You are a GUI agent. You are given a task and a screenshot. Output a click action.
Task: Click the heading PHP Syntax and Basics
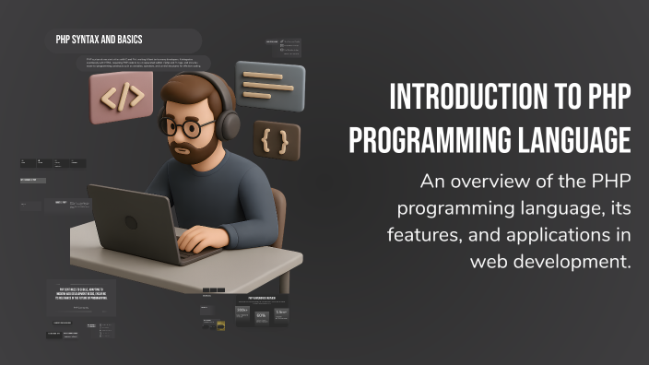point(99,40)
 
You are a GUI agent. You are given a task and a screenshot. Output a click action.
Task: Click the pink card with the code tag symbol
point(121,98)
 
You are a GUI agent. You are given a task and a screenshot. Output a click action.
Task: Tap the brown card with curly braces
point(277,142)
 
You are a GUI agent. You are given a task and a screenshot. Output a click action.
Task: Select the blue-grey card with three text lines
point(269,86)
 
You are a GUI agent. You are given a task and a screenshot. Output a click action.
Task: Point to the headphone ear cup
point(228,124)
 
